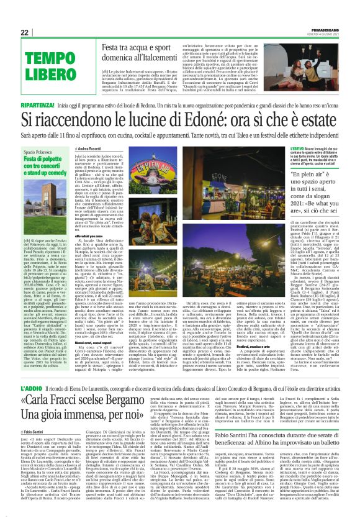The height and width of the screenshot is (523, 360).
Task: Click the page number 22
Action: coord(25,32)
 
